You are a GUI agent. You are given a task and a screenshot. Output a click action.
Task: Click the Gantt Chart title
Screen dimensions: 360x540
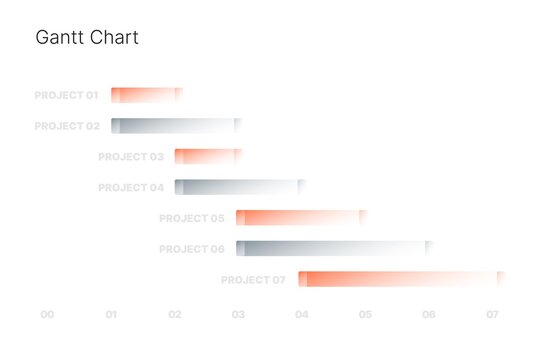pos(87,38)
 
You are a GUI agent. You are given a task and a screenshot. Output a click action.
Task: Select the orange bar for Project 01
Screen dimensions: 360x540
pos(146,95)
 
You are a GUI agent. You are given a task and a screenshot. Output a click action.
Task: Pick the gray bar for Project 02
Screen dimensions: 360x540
pos(176,126)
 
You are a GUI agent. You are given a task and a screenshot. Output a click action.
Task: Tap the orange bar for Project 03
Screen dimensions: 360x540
pos(208,156)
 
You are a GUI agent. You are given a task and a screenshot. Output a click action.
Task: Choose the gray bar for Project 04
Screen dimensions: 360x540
pos(239,187)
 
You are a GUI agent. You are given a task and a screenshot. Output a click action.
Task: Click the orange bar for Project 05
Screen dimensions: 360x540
pos(301,218)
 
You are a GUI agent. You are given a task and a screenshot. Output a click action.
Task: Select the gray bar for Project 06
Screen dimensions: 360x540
pos(334,248)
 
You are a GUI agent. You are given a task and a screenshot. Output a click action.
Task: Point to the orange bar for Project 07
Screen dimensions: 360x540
pos(401,279)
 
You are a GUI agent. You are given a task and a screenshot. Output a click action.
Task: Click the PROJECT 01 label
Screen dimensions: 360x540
pos(66,96)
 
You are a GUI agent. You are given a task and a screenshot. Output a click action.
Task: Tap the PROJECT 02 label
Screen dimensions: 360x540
pos(66,127)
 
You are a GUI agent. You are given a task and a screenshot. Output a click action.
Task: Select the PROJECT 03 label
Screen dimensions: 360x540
pos(130,157)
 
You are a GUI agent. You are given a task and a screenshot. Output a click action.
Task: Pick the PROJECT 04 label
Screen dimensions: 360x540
pos(130,188)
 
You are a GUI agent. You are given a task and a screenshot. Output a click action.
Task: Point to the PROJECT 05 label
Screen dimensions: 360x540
pos(191,218)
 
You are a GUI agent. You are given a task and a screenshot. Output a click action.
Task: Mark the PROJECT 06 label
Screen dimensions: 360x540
pos(191,249)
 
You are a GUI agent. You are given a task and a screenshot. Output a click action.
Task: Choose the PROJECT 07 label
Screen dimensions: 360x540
pos(253,280)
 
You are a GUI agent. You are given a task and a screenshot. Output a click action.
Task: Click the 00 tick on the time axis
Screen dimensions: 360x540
pos(47,315)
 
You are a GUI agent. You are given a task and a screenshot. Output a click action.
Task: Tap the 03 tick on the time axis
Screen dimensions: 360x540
pos(238,315)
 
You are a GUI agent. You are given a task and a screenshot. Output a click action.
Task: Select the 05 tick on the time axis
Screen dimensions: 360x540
pos(365,315)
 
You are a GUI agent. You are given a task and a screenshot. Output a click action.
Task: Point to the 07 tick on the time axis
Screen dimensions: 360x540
pos(492,315)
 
